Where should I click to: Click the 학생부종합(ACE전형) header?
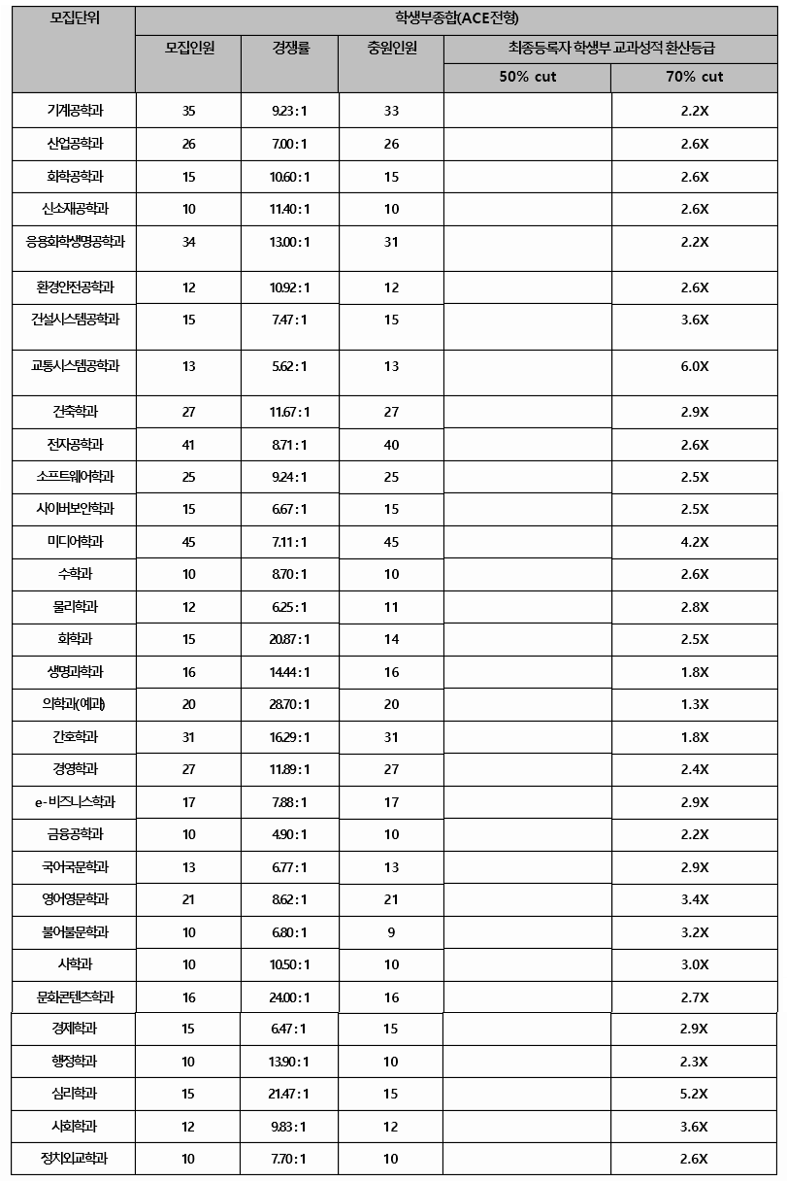[456, 18]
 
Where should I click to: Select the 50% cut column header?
[527, 77]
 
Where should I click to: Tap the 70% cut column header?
[694, 77]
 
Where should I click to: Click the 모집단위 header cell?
[74, 18]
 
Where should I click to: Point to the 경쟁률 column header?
[289, 48]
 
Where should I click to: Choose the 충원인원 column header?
[391, 48]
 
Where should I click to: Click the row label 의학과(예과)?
[74, 704]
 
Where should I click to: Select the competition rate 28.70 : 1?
[289, 704]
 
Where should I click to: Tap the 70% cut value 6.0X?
[694, 366]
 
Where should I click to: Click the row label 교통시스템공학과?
[74, 365]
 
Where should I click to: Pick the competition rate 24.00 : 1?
[289, 997]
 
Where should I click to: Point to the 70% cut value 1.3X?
[694, 704]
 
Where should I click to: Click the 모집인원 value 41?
[188, 444]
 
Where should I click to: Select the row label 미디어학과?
[74, 541]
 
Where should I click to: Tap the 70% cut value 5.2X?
[694, 1094]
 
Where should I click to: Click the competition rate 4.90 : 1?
[289, 834]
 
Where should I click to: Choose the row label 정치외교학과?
[74, 1158]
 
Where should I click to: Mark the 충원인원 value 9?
[391, 932]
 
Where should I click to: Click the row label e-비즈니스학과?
[74, 801]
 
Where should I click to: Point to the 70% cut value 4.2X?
[694, 542]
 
